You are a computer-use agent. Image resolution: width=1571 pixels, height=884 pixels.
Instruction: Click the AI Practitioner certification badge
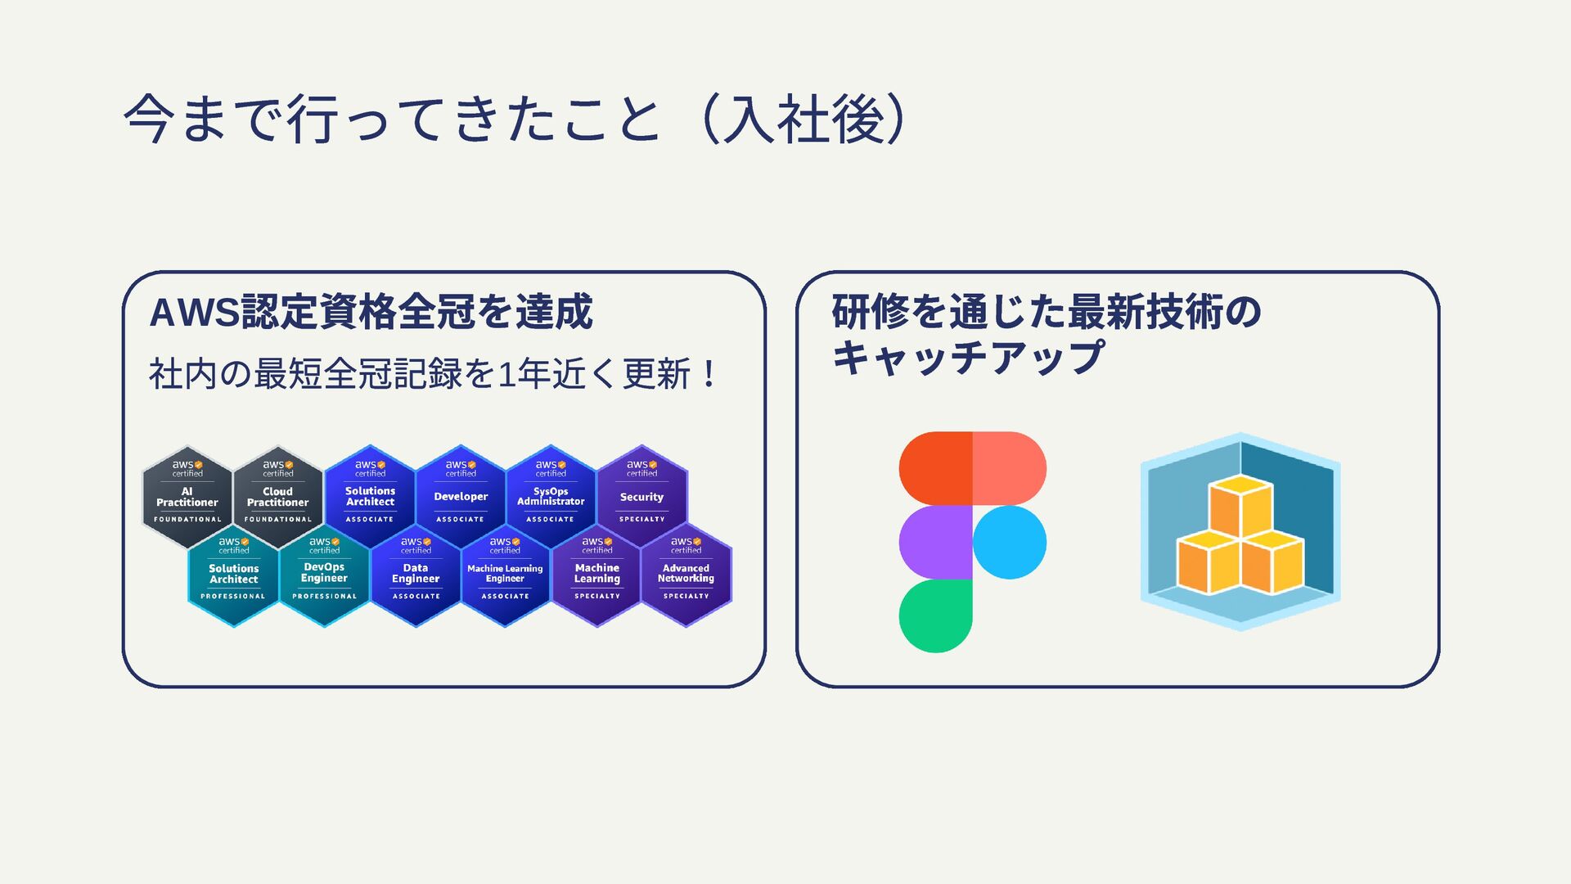click(x=187, y=497)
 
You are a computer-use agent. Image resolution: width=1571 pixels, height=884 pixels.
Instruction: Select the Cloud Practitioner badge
click(x=278, y=497)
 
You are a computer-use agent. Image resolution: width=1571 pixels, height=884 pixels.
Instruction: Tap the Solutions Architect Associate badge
click(x=370, y=497)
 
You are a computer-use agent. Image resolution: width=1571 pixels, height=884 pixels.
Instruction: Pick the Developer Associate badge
click(x=461, y=497)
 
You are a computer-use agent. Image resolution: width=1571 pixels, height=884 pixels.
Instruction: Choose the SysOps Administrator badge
click(x=551, y=497)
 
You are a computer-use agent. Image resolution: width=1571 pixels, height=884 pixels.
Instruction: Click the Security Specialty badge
click(x=642, y=497)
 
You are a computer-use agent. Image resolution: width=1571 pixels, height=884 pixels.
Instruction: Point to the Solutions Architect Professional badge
click(x=234, y=574)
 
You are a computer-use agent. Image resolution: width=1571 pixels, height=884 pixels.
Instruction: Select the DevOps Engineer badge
click(x=325, y=574)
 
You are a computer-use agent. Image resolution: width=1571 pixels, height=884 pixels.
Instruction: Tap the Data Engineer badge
click(x=416, y=574)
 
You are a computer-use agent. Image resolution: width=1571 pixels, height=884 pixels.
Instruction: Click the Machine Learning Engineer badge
click(x=505, y=574)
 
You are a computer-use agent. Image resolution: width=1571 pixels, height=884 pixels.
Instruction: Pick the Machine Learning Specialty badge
click(x=597, y=574)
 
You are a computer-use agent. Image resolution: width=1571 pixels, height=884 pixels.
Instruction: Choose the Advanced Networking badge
click(x=686, y=574)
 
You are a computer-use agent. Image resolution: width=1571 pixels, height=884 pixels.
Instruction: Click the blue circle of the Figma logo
click(x=1010, y=542)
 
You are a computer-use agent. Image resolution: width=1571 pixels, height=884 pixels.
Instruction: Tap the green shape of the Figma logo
click(x=935, y=616)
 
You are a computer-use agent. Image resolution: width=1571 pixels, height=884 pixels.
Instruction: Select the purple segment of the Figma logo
click(x=935, y=542)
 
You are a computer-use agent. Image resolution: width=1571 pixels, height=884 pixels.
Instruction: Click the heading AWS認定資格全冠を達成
click(x=371, y=312)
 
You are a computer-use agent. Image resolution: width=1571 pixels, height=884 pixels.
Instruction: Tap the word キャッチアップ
click(x=968, y=358)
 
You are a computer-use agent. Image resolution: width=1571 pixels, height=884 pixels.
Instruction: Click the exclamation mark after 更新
click(x=709, y=375)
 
